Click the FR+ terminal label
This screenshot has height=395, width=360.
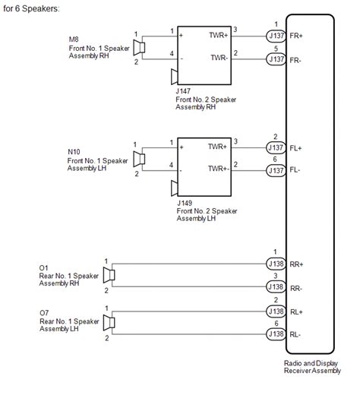pos(296,35)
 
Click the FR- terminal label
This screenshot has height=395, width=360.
pos(296,58)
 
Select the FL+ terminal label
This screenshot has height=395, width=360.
pos(295,147)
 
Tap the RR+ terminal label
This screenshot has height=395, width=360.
pos(296,264)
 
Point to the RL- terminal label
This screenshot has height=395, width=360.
pos(295,333)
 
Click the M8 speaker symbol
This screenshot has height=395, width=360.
pos(138,47)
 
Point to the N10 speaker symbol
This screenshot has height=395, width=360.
pos(138,160)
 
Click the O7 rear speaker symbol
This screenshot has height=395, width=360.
pos(110,322)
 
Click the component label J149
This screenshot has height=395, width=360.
pos(184,203)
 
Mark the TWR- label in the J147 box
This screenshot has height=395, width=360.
pos(218,58)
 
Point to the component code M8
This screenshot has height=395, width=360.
pos(74,39)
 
